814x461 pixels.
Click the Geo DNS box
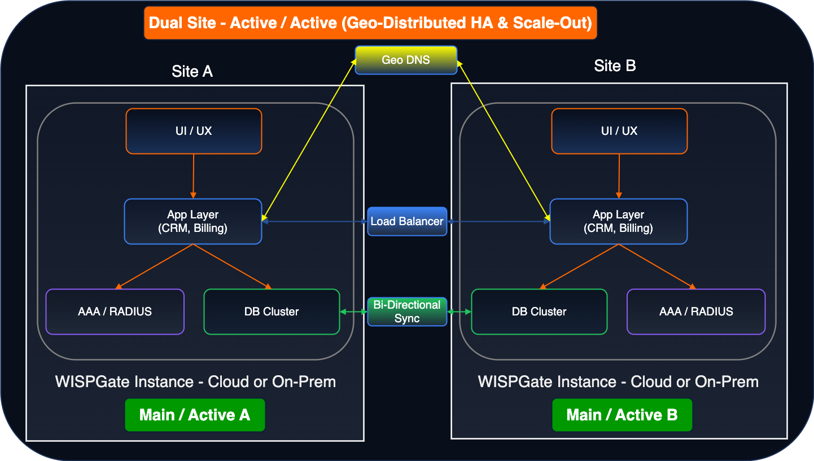pyautogui.click(x=406, y=60)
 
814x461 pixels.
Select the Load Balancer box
pyautogui.click(x=407, y=221)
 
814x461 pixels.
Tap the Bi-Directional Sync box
pyautogui.click(x=407, y=311)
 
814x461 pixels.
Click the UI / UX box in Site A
pyautogui.click(x=194, y=131)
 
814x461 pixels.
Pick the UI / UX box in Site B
pyautogui.click(x=619, y=131)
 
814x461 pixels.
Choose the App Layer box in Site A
pyautogui.click(x=193, y=221)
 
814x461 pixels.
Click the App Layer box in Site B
pyautogui.click(x=619, y=221)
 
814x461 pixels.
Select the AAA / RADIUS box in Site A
pyautogui.click(x=115, y=311)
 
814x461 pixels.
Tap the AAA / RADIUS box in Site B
pyautogui.click(x=696, y=311)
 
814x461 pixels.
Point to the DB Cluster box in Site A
pyautogui.click(x=272, y=311)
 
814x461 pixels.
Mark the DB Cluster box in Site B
pyautogui.click(x=539, y=311)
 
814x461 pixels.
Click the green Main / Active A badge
pyautogui.click(x=195, y=415)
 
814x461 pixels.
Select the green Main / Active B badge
pyautogui.click(x=622, y=415)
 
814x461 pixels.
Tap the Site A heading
pyautogui.click(x=192, y=71)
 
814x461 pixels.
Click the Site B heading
pyautogui.click(x=615, y=66)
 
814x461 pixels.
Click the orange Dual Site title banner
pyautogui.click(x=370, y=23)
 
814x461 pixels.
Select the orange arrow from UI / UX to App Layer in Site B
pyautogui.click(x=619, y=177)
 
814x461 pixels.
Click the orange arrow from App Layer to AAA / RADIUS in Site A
pyautogui.click(x=154, y=267)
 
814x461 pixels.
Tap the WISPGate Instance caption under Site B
pyautogui.click(x=618, y=382)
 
